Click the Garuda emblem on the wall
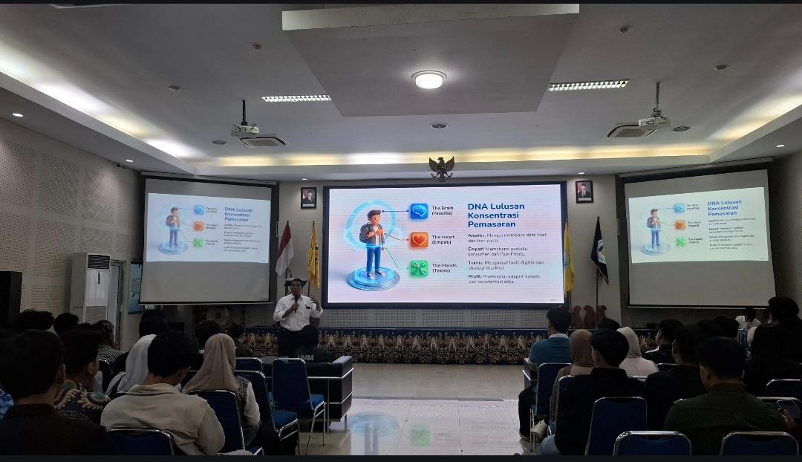[x=442, y=168]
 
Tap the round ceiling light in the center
[x=428, y=79]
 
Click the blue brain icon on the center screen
[x=419, y=212]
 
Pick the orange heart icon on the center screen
[x=419, y=240]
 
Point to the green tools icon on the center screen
[x=419, y=269]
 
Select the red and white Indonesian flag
[x=284, y=250]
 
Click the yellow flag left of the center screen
[x=313, y=256]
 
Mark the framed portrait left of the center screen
[x=308, y=198]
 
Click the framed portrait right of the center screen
[x=584, y=192]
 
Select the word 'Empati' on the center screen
[x=479, y=249]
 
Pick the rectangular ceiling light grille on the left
[x=296, y=98]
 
